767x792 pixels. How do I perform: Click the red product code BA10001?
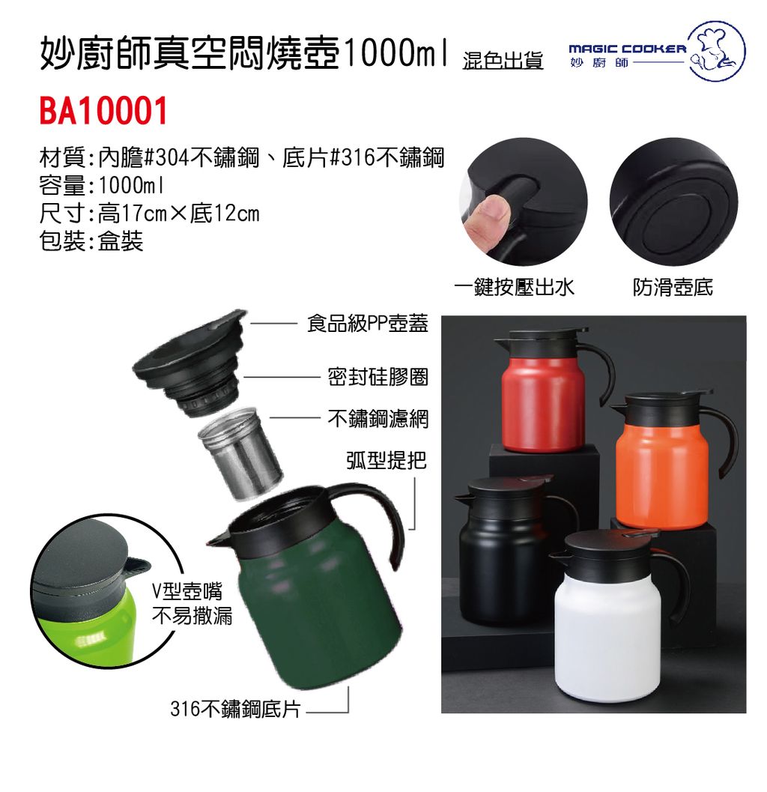point(103,111)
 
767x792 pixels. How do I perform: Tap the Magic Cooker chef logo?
point(717,50)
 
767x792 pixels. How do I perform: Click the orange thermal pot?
point(672,460)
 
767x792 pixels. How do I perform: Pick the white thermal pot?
point(616,616)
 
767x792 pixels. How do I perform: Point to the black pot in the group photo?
point(510,551)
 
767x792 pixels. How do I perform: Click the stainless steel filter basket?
point(240,452)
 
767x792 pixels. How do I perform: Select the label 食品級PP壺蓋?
point(368,323)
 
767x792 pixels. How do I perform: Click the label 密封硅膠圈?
point(378,377)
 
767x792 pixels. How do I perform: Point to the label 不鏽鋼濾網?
point(378,418)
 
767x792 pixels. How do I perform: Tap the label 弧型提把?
point(386,459)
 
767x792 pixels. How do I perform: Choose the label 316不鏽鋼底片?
point(235,709)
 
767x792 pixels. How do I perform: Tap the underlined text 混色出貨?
point(503,60)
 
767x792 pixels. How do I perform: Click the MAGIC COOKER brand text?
point(627,49)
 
